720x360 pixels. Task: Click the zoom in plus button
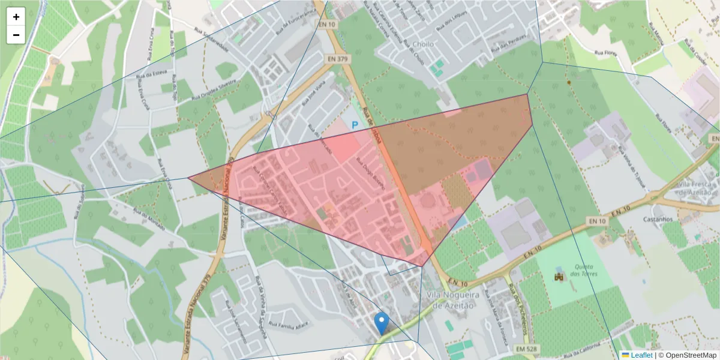(16, 17)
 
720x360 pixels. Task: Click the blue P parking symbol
(355, 125)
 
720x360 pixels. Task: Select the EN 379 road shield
(339, 59)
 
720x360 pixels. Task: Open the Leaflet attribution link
(641, 355)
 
